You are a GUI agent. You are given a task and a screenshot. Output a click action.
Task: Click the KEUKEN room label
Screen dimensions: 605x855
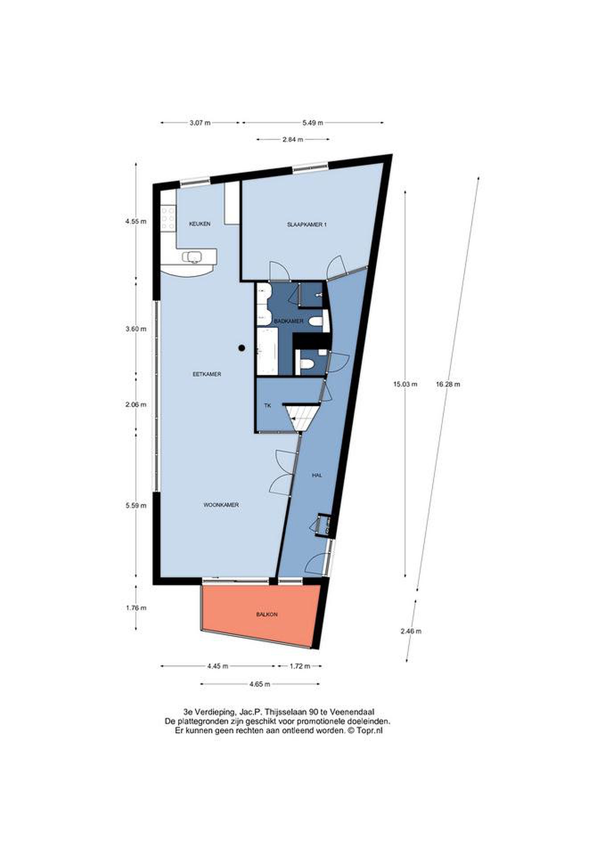[x=200, y=224]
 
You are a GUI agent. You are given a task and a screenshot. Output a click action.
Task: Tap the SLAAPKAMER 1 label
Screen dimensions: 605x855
[x=307, y=224]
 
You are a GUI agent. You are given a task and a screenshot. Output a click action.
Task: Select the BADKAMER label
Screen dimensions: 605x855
[x=289, y=321]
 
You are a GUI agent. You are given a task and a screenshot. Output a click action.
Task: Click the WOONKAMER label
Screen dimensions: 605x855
[x=221, y=505]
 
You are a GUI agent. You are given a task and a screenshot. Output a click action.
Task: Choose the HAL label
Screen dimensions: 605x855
[x=317, y=476]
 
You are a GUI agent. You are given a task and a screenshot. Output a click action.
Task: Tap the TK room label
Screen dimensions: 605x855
[x=268, y=406]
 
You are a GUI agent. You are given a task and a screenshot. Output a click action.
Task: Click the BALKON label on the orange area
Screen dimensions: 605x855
[x=267, y=615]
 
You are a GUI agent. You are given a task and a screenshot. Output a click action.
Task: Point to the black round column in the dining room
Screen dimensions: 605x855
[x=242, y=348]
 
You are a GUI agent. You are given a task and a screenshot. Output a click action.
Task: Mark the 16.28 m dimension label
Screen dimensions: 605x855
[x=448, y=384]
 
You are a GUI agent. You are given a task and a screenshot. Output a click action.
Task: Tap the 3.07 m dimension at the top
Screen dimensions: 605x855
[x=200, y=123]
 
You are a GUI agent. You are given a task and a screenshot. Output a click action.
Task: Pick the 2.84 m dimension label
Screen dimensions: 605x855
[x=293, y=140]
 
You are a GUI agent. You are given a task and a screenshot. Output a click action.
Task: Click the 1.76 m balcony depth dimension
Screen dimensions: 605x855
[x=136, y=608]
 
